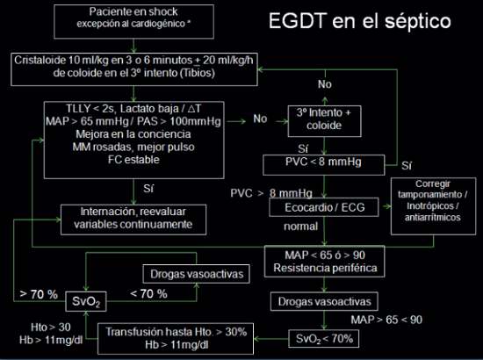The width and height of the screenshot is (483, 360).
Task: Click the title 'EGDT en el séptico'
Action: [359, 22]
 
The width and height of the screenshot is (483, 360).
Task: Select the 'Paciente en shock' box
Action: [133, 22]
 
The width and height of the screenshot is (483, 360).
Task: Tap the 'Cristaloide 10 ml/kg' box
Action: [134, 69]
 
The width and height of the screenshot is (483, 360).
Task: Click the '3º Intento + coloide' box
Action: [324, 121]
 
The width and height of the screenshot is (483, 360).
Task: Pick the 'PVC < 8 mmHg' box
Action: [324, 165]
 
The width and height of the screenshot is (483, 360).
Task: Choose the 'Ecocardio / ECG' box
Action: [324, 207]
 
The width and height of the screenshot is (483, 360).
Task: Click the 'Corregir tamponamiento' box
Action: [433, 206]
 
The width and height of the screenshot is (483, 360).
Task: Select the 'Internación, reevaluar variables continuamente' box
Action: [133, 220]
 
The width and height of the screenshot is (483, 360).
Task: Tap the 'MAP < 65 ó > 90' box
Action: [324, 262]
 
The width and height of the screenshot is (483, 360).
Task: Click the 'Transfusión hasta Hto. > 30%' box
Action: [176, 338]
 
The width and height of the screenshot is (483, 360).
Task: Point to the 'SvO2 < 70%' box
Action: [324, 339]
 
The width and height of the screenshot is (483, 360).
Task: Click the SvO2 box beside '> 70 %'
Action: [86, 301]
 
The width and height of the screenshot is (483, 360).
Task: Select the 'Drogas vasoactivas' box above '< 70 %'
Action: [196, 274]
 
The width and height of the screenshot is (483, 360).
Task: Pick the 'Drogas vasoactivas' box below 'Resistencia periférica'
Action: [324, 301]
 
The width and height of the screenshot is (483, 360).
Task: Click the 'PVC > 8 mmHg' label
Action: [271, 193]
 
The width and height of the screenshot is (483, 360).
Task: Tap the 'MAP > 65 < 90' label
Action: [386, 320]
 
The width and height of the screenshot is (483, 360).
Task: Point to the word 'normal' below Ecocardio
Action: [300, 227]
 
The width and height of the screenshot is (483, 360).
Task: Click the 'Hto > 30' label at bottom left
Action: [51, 327]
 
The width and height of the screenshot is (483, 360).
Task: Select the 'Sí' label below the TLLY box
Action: [148, 189]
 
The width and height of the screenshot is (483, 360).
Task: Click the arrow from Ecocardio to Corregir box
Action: [386, 206]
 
